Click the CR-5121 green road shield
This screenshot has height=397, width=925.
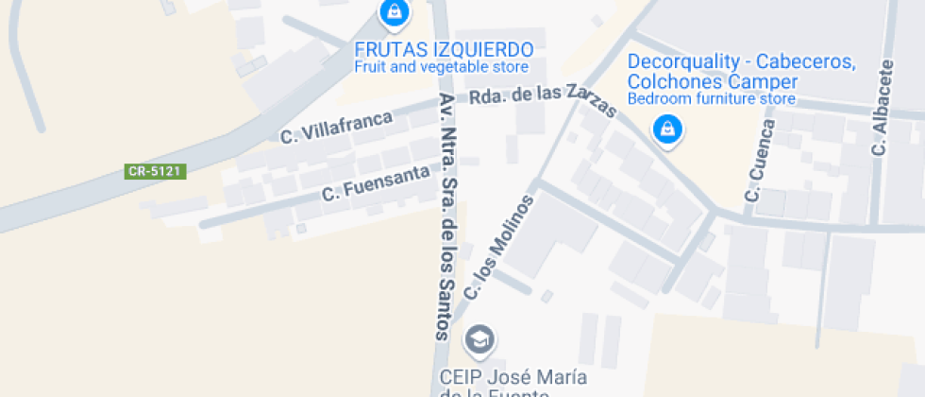click(156, 171)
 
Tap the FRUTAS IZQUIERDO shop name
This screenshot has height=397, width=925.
click(444, 50)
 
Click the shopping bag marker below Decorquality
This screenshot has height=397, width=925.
click(667, 129)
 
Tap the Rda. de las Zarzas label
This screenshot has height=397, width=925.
click(543, 99)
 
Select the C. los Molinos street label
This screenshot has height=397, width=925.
click(499, 249)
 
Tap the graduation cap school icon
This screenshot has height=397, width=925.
click(479, 339)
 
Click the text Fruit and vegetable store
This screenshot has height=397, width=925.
click(441, 67)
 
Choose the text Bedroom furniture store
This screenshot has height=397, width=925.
click(712, 97)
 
